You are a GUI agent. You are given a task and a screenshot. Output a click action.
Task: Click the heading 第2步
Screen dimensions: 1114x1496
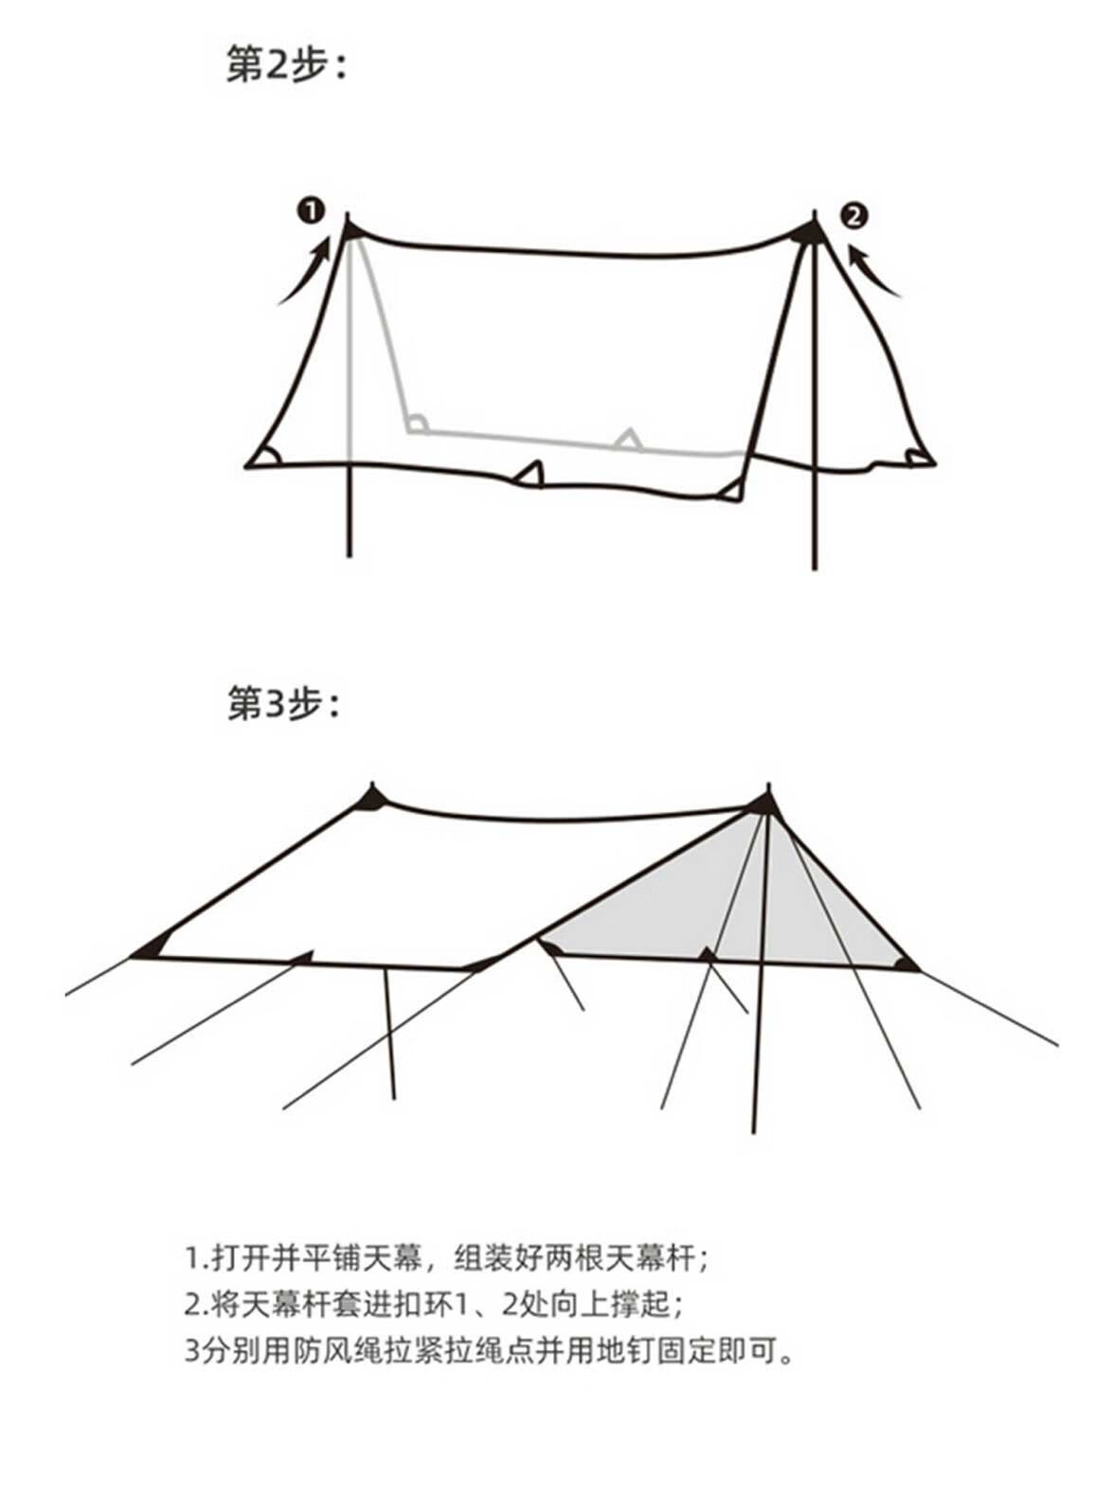288,65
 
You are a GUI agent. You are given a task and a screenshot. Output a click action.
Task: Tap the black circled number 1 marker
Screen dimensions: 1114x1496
312,210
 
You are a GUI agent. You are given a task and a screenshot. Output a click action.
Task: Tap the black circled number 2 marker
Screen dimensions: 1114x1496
853,217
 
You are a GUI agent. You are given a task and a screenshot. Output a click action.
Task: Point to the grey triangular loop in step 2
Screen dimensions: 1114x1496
628,439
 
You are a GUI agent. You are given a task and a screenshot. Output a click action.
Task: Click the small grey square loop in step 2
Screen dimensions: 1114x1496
417,424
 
